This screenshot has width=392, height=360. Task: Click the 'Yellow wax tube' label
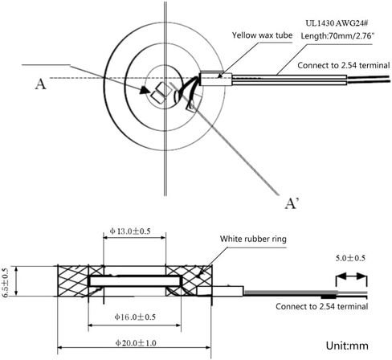click(262, 35)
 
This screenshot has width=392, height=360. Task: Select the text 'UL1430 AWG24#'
click(337, 23)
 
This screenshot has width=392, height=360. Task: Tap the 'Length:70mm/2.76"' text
click(337, 35)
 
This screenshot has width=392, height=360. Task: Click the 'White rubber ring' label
click(253, 239)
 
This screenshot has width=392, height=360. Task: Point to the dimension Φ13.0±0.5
click(130, 231)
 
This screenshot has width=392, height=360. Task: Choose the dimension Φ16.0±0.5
click(135, 317)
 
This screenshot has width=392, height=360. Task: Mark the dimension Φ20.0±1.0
click(136, 343)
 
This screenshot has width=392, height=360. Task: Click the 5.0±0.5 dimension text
click(350, 258)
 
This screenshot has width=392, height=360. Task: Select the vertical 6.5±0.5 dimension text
click(5, 282)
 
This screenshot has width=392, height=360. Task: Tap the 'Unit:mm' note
click(347, 346)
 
